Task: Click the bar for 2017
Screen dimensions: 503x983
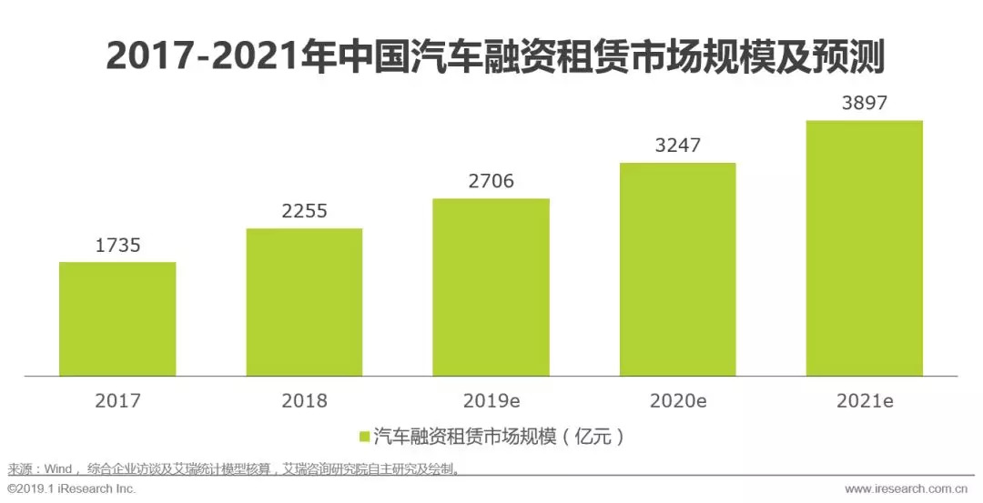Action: pyautogui.click(x=117, y=318)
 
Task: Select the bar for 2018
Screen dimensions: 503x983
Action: pyautogui.click(x=304, y=302)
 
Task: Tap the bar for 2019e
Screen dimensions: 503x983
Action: pyautogui.click(x=491, y=287)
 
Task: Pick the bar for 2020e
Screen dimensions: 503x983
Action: pyautogui.click(x=677, y=269)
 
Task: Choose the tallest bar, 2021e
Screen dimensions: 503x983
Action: pyautogui.click(x=864, y=247)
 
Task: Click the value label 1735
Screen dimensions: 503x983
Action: pyautogui.click(x=117, y=246)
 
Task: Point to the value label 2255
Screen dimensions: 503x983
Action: pyautogui.click(x=304, y=212)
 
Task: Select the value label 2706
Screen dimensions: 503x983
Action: pyautogui.click(x=491, y=181)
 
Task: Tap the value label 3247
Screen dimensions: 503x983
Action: pyautogui.click(x=677, y=146)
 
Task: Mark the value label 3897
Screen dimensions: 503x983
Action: pyautogui.click(x=864, y=103)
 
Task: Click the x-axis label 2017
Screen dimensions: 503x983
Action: pyautogui.click(x=117, y=400)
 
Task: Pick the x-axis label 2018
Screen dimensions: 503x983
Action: pyautogui.click(x=304, y=400)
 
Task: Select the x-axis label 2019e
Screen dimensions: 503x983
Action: pyautogui.click(x=491, y=400)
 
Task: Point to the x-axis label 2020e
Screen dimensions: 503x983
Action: pyautogui.click(x=677, y=400)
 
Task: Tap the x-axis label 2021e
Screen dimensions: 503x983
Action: pyautogui.click(x=864, y=400)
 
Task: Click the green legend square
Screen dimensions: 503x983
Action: pyautogui.click(x=364, y=437)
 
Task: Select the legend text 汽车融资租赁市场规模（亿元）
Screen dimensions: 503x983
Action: pyautogui.click(x=500, y=437)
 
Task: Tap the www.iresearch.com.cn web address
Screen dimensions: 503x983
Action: pyautogui.click(x=909, y=489)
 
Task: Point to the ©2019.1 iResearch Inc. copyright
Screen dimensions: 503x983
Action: pyautogui.click(x=71, y=489)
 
